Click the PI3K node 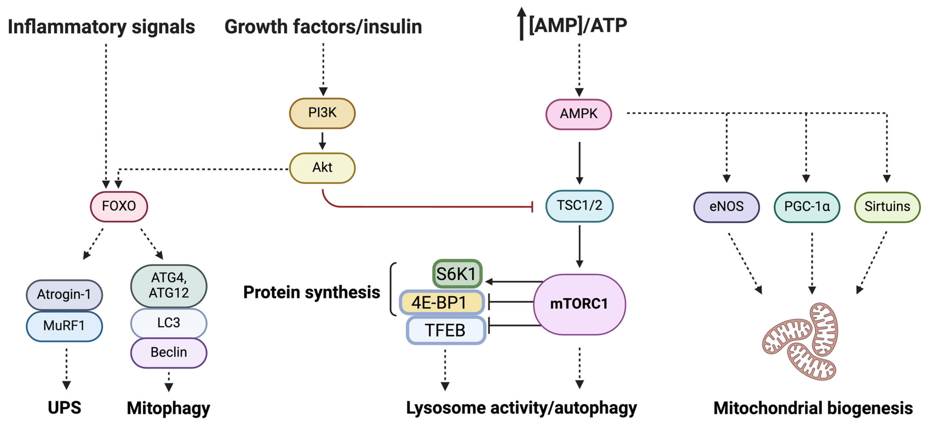click(322, 113)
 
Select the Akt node click(322, 168)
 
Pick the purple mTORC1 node click(579, 304)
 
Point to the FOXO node click(119, 206)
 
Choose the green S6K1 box click(457, 274)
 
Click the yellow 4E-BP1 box click(442, 302)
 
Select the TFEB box click(446, 330)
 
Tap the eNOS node click(726, 207)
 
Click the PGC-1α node click(807, 207)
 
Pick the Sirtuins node click(887, 207)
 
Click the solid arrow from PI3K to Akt click(322, 141)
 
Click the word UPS click(64, 408)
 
